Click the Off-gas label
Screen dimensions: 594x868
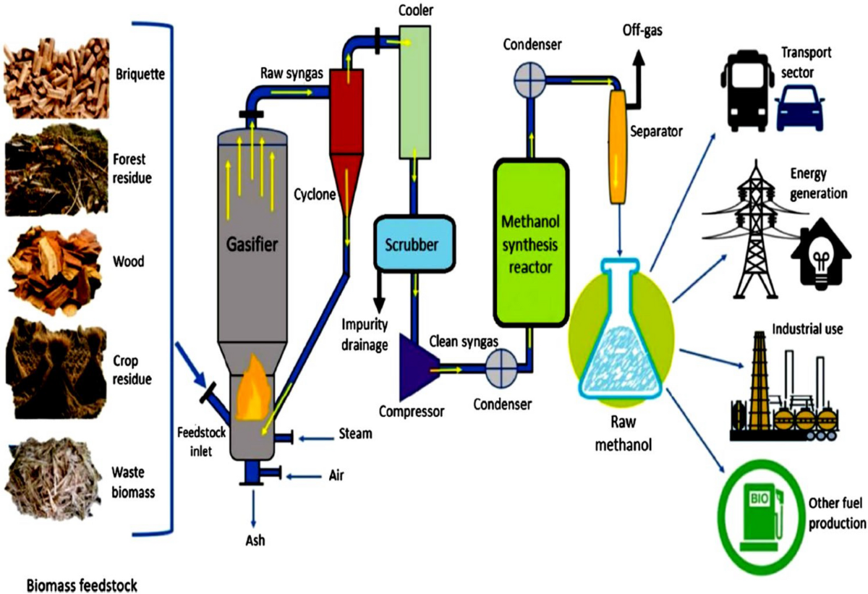(644, 30)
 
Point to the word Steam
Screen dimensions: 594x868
(355, 434)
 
